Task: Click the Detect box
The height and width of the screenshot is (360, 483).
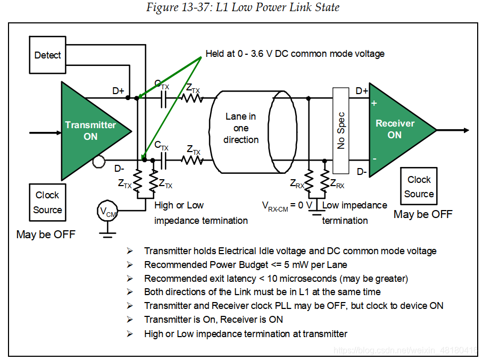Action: point(48,55)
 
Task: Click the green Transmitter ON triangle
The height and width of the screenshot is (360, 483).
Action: point(90,130)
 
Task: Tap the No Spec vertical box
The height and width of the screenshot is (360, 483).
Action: point(340,130)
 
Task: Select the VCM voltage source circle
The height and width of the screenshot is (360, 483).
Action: point(107,212)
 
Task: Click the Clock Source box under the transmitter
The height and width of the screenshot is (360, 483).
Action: point(47,202)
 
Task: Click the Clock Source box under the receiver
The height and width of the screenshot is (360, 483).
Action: point(419,187)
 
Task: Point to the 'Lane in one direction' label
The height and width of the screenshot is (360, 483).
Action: point(241,128)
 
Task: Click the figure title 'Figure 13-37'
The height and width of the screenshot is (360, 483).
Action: point(242,7)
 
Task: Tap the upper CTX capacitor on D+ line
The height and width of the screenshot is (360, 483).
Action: point(163,98)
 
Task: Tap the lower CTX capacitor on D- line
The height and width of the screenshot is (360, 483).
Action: point(163,159)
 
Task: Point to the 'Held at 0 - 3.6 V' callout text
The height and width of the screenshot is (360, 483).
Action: point(295,54)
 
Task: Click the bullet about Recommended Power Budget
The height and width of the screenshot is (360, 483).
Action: point(246,264)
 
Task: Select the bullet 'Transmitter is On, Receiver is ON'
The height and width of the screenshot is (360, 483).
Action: point(213,320)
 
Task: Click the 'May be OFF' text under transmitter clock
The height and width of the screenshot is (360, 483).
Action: point(46,235)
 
